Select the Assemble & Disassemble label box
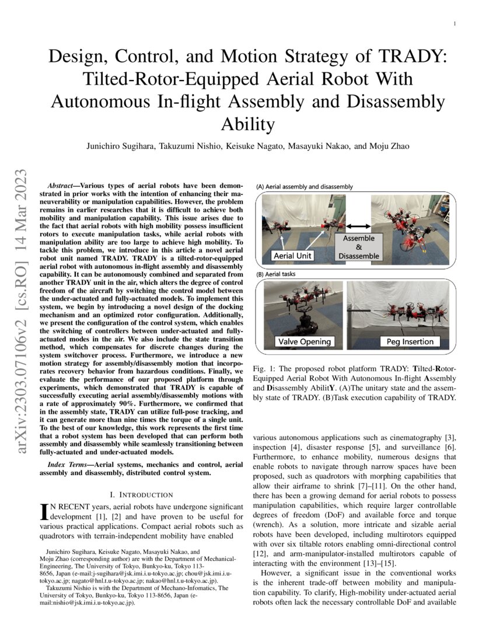[358, 247]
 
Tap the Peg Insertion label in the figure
[410, 341]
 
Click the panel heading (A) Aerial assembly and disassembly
[305, 187]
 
